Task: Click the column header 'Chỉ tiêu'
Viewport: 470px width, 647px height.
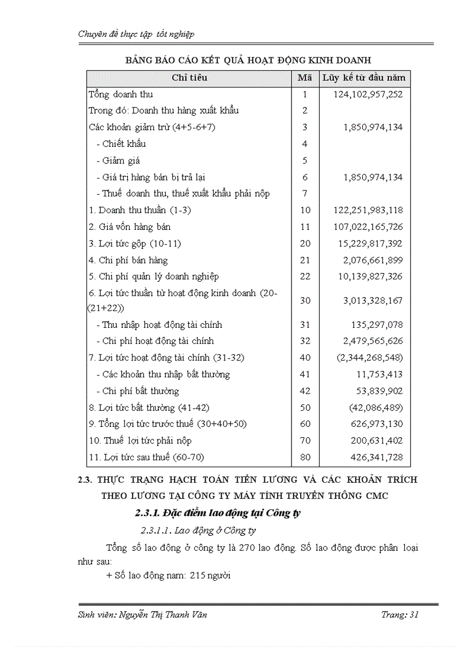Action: [189, 78]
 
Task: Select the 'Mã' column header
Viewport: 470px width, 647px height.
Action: [305, 78]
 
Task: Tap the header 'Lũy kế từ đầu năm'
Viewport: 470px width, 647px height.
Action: [363, 78]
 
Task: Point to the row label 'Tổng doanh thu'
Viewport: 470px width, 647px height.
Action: [121, 94]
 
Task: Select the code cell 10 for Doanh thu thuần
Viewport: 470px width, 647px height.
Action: [305, 210]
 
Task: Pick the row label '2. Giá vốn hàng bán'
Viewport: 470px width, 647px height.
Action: [130, 227]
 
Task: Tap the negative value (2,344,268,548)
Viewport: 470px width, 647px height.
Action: [370, 358]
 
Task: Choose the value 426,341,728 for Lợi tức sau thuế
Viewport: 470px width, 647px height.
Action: [374, 458]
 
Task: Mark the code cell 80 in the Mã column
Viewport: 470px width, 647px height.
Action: [305, 458]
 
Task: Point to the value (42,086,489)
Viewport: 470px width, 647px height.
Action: [376, 408]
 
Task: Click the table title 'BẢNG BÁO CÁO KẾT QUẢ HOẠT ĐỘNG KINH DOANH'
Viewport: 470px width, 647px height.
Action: [248, 60]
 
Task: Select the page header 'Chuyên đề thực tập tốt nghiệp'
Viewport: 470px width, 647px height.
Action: [136, 34]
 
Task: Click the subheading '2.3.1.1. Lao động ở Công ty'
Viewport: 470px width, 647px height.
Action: [199, 530]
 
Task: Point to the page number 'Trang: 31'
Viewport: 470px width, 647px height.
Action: [400, 615]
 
